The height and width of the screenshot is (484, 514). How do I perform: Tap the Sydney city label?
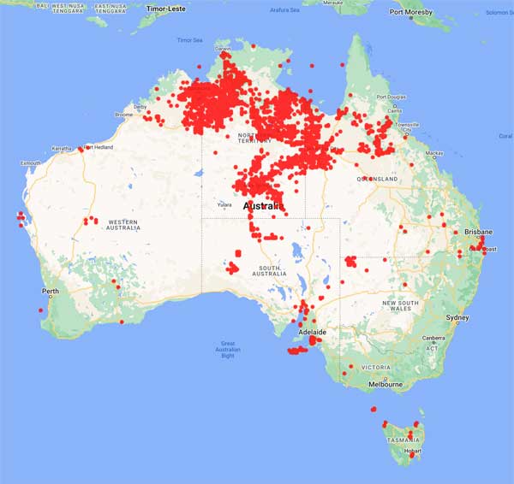tap(457, 318)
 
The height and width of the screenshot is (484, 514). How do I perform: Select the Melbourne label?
tap(385, 385)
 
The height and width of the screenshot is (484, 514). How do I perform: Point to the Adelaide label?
tap(309, 331)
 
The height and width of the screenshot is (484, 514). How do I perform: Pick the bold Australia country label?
tap(266, 208)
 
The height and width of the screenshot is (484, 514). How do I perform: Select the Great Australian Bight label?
tap(227, 350)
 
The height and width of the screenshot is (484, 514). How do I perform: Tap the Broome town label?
tap(124, 115)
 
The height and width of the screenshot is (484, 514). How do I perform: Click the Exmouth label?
tap(32, 162)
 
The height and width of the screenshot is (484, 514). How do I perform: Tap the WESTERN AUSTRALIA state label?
tap(111, 223)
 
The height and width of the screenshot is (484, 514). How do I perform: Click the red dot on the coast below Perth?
tap(41, 322)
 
